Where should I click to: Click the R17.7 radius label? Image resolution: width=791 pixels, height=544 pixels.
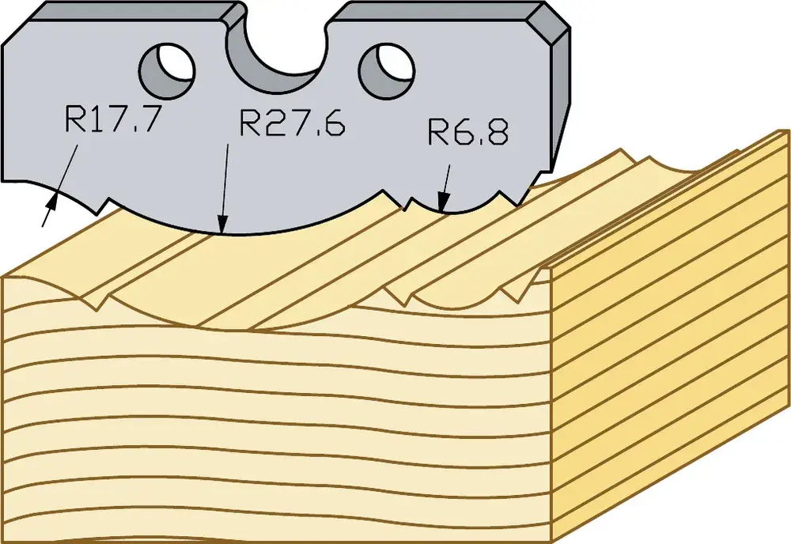coord(113,119)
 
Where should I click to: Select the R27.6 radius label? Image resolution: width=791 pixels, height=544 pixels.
coord(292,122)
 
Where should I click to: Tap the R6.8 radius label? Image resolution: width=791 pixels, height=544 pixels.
coord(468,131)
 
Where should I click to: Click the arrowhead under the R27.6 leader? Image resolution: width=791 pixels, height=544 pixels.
coord(222,225)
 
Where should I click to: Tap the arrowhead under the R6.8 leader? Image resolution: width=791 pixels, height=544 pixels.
coord(443,202)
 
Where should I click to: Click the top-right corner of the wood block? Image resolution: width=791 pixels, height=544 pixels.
coord(787,131)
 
